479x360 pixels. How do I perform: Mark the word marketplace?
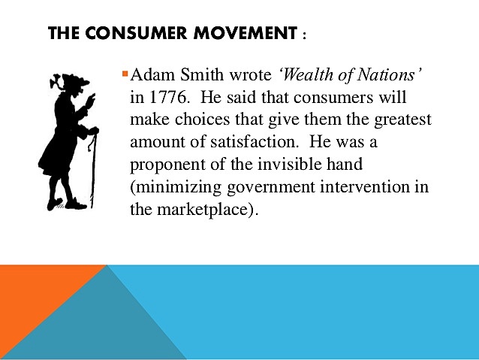tap(202, 209)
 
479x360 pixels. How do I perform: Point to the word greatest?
tap(402, 121)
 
